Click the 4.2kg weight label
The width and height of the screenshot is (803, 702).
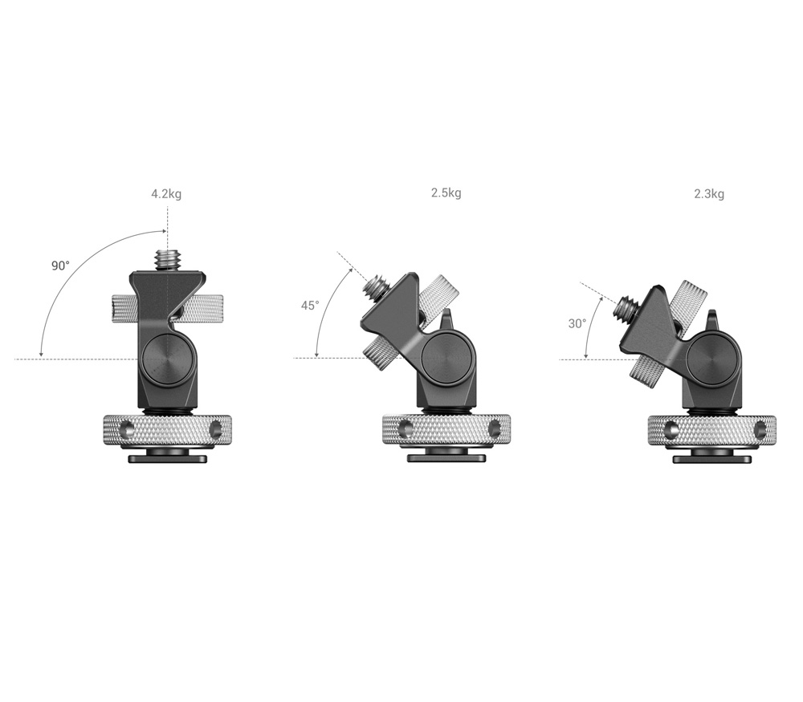coord(166,194)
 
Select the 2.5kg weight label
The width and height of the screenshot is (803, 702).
coord(446,193)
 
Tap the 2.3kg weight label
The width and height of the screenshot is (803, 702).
coord(709,193)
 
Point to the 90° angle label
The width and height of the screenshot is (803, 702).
coord(61,266)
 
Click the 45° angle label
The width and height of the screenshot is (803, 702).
coord(310,306)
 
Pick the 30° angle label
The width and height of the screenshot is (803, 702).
coord(577,323)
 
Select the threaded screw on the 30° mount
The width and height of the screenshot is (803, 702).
coord(629,306)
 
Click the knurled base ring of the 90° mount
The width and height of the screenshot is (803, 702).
coord(167,431)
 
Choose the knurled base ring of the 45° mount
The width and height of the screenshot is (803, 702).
coord(446,431)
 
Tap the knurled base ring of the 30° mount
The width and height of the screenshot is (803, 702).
coord(711,431)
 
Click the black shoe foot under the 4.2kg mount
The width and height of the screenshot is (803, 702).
coord(167,459)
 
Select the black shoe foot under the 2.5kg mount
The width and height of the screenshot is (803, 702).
coord(446,458)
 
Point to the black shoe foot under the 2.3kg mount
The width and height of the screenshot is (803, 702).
coord(711,458)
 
